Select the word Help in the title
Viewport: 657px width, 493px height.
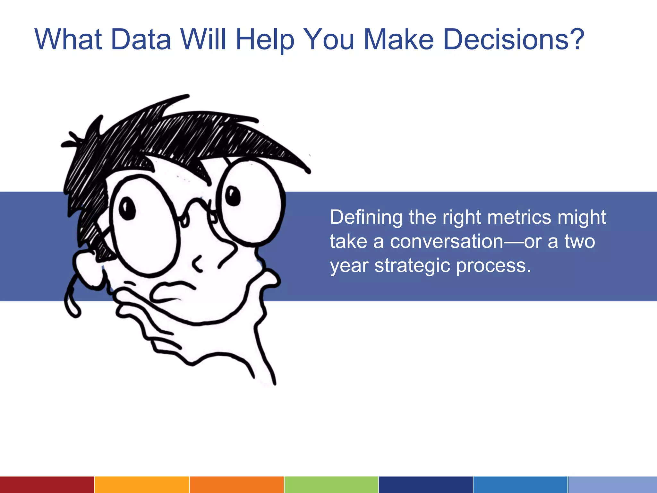tap(265, 40)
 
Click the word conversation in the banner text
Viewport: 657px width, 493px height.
tap(447, 242)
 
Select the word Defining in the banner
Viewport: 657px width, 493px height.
tap(366, 218)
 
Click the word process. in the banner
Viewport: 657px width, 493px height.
tap(493, 266)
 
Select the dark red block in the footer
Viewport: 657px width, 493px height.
tap(47, 485)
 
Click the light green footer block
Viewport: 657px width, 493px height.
tap(331, 485)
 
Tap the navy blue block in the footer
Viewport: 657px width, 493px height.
tap(425, 485)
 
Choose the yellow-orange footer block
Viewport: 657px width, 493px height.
tap(142, 485)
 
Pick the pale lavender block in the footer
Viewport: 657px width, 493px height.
tap(612, 485)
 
